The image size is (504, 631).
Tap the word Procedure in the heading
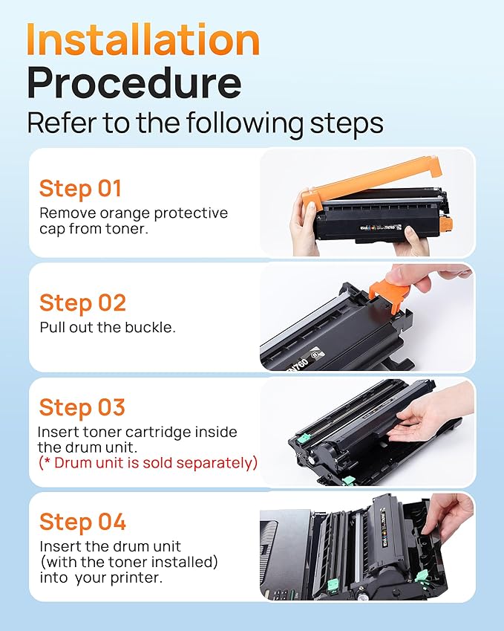click(134, 83)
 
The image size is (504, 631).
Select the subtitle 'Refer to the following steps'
click(205, 123)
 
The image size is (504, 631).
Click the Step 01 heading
click(80, 188)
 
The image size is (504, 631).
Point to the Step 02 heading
click(82, 302)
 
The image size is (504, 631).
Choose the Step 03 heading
click(82, 407)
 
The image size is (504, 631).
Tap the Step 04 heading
click(82, 522)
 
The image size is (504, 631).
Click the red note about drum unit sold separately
click(147, 463)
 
